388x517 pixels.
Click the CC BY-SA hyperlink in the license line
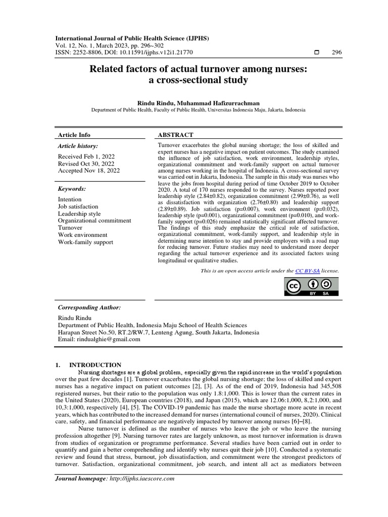304,271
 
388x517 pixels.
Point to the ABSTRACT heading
176,135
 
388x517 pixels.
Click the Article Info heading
74,135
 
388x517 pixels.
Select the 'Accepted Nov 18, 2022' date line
89,171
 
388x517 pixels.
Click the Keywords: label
72,189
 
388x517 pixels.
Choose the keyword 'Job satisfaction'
78,206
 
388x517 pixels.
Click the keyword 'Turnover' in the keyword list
70,228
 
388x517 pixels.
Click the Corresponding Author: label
89,307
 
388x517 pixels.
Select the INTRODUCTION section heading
95,365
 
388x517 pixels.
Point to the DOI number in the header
161,53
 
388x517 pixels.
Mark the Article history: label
78,146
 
